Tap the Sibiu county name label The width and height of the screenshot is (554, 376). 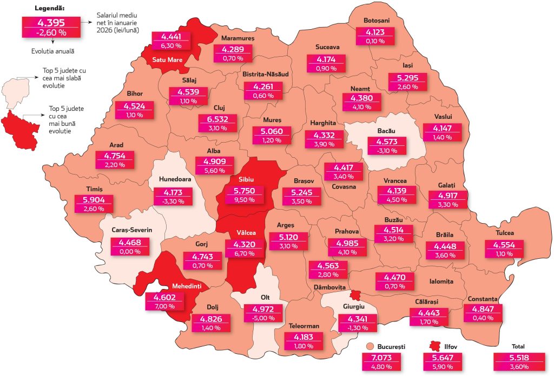click(246, 179)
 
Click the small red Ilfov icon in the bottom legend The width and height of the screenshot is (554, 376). click(433, 346)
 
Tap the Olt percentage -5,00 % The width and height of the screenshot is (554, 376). click(263, 319)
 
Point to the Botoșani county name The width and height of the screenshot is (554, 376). click(377, 21)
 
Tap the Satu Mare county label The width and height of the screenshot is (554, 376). click(167, 60)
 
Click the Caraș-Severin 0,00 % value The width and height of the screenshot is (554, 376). click(127, 251)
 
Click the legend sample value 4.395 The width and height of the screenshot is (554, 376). click(51, 22)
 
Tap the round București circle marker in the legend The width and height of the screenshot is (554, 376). click(370, 346)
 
